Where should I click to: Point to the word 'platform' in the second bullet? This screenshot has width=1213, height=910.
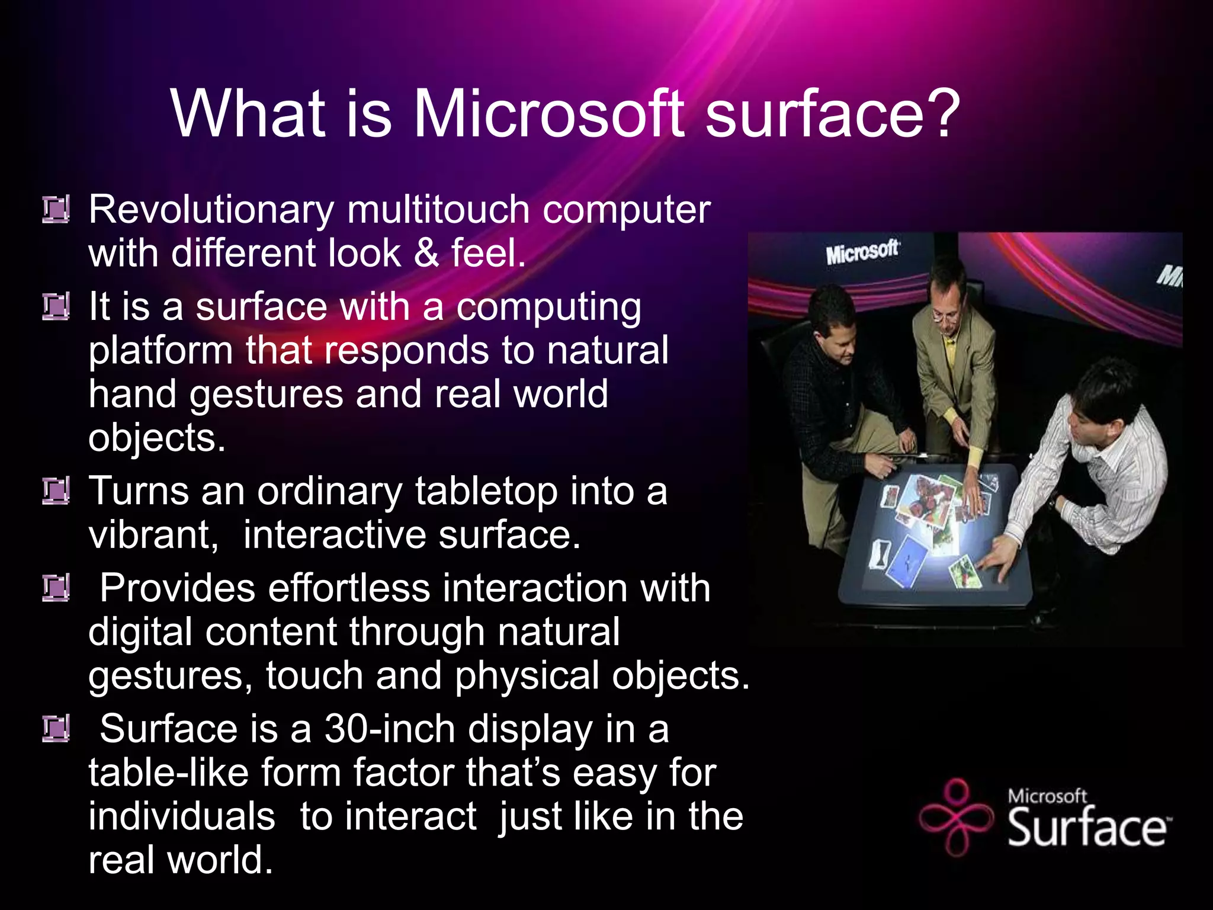(x=161, y=351)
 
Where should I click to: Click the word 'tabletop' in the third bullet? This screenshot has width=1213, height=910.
(x=486, y=492)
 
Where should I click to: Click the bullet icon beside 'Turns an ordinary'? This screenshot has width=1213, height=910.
(x=56, y=491)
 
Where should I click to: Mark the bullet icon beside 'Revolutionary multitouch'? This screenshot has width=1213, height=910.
(x=56, y=209)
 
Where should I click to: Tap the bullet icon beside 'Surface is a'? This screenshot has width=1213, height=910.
(x=56, y=729)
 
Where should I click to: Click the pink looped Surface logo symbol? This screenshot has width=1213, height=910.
(x=955, y=818)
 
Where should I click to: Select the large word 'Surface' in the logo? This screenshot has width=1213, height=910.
(x=1087, y=828)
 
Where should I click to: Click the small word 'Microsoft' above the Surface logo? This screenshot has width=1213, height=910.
(x=1047, y=796)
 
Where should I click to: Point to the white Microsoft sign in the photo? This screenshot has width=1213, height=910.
(x=862, y=252)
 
